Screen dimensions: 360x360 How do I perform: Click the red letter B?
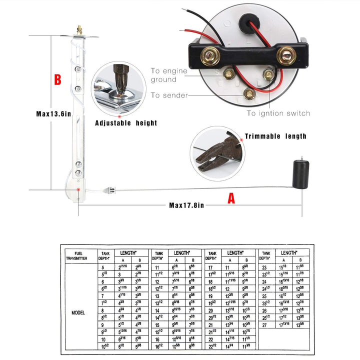pyautogui.click(x=58, y=79)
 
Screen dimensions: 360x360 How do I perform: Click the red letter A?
pyautogui.click(x=231, y=198)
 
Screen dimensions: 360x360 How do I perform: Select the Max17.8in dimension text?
pyautogui.click(x=185, y=204)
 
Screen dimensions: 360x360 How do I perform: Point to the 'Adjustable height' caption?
pyautogui.click(x=126, y=123)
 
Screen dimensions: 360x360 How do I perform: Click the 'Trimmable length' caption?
pyautogui.click(x=275, y=136)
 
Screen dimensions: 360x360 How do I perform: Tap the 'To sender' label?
pyautogui.click(x=169, y=95)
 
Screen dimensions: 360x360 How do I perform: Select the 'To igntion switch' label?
pyautogui.click(x=278, y=113)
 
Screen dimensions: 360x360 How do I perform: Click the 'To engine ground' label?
pyautogui.click(x=169, y=75)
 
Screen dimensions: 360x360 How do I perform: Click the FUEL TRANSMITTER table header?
pyautogui.click(x=77, y=255)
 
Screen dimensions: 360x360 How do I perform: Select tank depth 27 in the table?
pyautogui.click(x=265, y=324)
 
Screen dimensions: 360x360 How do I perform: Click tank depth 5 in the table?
pyautogui.click(x=103, y=267)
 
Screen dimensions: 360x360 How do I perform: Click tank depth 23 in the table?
pyautogui.click(x=265, y=267)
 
